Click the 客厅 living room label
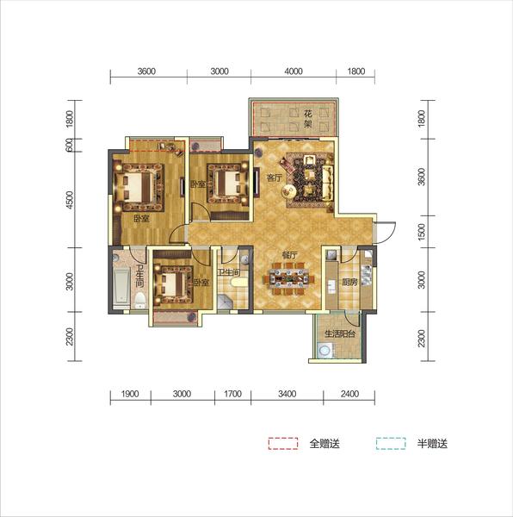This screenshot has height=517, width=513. [x=275, y=178]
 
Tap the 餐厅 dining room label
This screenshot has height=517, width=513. [x=290, y=255]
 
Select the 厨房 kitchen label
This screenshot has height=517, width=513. [x=349, y=283]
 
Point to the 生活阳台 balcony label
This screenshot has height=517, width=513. [x=340, y=334]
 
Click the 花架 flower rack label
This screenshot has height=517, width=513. [x=307, y=119]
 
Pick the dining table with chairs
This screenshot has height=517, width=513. [x=288, y=278]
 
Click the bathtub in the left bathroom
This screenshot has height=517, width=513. [x=121, y=286]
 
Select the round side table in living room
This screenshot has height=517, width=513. [x=288, y=190]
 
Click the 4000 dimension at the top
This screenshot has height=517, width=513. [x=294, y=72]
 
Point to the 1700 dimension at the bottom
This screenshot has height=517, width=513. [x=232, y=394]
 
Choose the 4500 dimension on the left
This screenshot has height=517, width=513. [x=70, y=200]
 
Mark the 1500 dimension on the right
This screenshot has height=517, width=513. [x=421, y=232]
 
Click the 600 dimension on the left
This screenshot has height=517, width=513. [x=69, y=145]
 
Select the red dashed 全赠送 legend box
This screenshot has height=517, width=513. [x=283, y=444]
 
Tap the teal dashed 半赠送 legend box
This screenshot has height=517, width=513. [x=391, y=444]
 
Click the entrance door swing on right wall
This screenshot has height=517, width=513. [x=386, y=233]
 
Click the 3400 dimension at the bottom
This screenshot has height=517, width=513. [x=287, y=394]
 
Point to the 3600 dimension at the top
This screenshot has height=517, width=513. [x=146, y=72]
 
